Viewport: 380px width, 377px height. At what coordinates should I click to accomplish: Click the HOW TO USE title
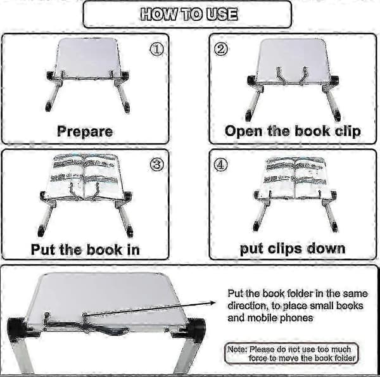point(189,14)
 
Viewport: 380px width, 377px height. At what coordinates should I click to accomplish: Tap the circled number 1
point(156,49)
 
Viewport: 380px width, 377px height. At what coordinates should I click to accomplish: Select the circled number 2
point(221,49)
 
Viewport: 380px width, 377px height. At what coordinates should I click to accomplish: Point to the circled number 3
point(156,165)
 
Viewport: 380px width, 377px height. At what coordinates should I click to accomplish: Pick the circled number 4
point(221,165)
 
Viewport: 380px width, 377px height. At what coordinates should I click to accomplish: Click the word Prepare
point(85,131)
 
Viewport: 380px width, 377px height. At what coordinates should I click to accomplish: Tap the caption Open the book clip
point(293,131)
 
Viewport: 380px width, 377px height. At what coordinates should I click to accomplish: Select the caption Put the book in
point(85,249)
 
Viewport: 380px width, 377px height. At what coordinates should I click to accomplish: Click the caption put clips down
point(293,249)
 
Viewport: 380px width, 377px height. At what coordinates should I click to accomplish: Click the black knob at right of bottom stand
point(196,328)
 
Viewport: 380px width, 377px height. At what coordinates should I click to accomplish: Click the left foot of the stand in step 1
point(49,106)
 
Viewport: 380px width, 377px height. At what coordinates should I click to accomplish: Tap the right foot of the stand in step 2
point(337,116)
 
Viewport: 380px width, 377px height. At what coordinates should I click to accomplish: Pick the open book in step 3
point(84,174)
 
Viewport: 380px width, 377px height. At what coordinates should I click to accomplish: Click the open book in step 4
point(295,175)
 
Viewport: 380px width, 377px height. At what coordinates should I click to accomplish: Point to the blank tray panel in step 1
point(88,57)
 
